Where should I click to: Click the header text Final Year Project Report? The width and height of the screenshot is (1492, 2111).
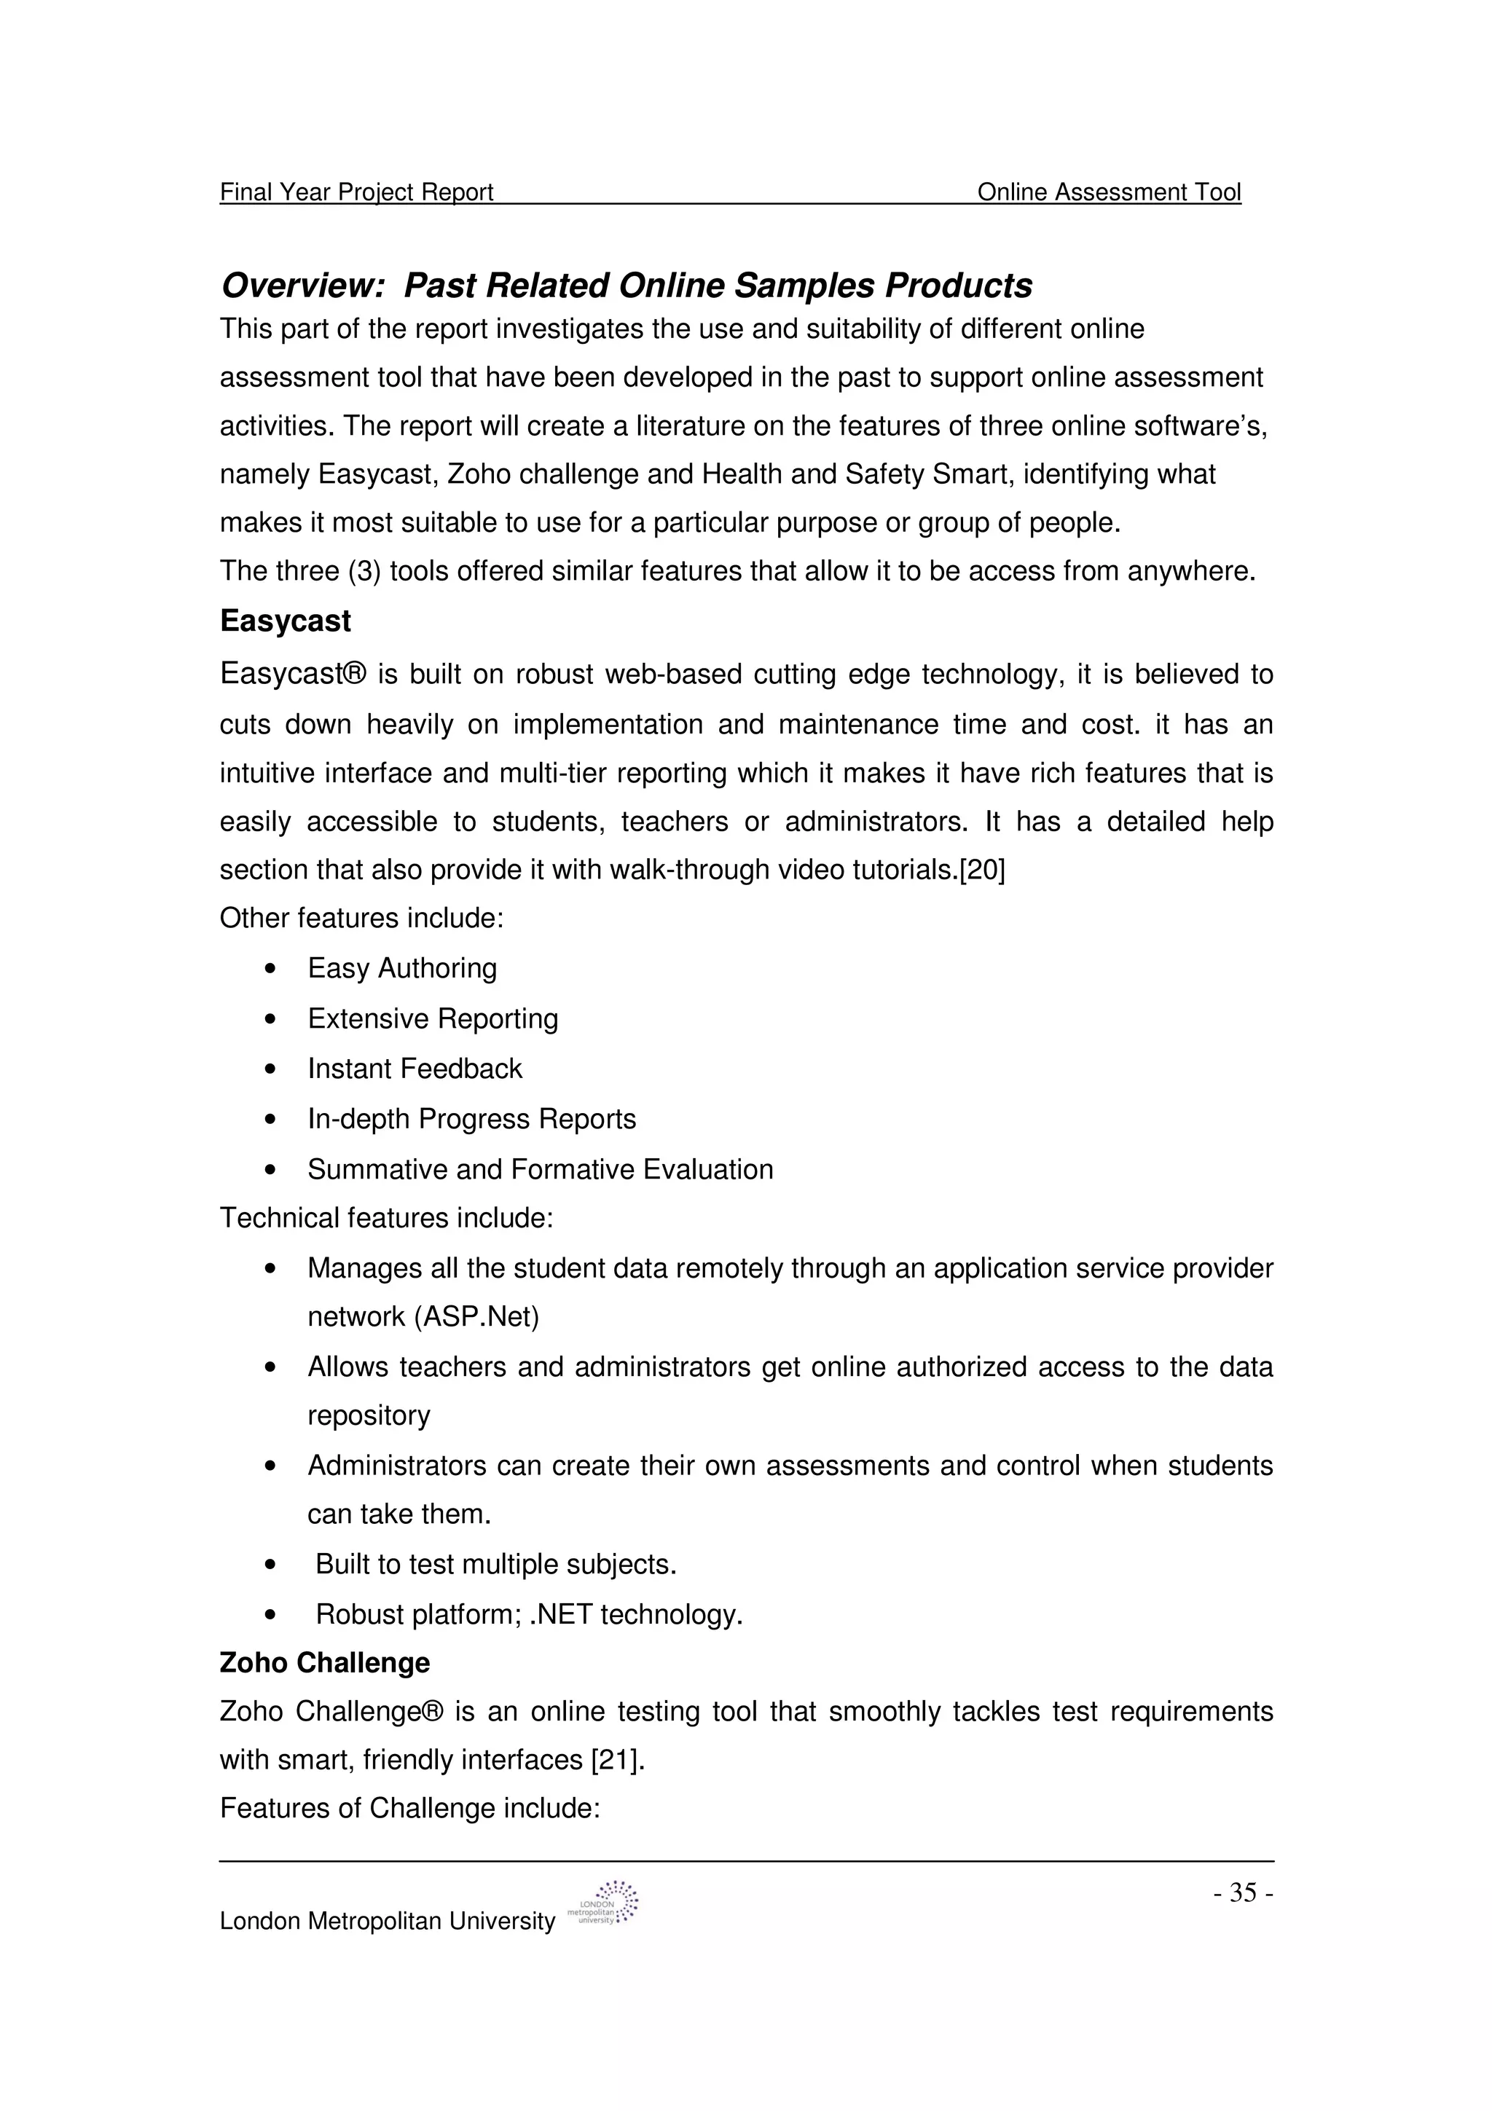357,192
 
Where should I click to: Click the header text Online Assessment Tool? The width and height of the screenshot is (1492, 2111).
1109,192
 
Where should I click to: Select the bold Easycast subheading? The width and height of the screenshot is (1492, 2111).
285,621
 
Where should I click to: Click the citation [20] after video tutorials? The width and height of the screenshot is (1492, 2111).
982,870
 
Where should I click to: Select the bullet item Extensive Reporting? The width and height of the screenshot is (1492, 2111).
433,1019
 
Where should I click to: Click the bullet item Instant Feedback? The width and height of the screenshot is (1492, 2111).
415,1069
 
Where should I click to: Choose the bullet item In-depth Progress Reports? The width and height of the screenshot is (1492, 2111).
471,1119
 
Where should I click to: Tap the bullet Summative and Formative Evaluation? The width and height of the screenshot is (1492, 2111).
541,1170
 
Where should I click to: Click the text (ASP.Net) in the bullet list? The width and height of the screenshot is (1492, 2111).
476,1318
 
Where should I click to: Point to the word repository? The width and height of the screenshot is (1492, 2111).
369,1415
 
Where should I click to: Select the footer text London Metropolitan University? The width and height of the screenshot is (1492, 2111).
387,1922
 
